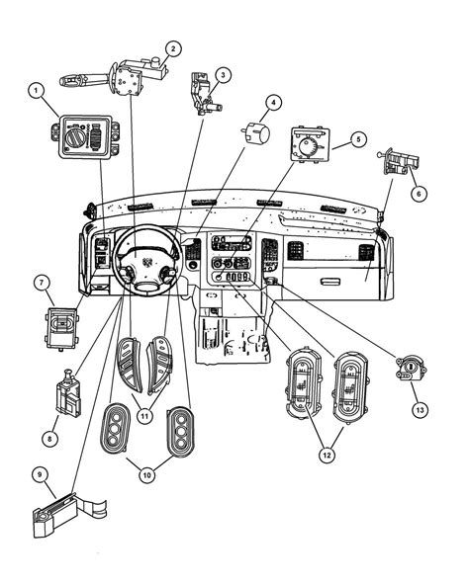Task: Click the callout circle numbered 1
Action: pyautogui.click(x=37, y=90)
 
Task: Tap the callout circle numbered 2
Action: pyautogui.click(x=173, y=48)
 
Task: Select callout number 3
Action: pyautogui.click(x=223, y=75)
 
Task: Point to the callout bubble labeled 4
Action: pyautogui.click(x=273, y=103)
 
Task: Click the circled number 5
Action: pyautogui.click(x=359, y=139)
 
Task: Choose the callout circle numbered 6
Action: pyautogui.click(x=419, y=194)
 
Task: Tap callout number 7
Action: pyautogui.click(x=42, y=283)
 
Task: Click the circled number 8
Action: pyautogui.click(x=49, y=439)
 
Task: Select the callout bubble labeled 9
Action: pyautogui.click(x=40, y=474)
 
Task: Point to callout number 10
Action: pyautogui.click(x=147, y=475)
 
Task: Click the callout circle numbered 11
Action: pyautogui.click(x=145, y=415)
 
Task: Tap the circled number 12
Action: pyautogui.click(x=327, y=456)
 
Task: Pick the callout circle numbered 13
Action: pyautogui.click(x=421, y=410)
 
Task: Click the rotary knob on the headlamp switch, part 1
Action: pyautogui.click(x=74, y=137)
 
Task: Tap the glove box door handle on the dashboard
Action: pyautogui.click(x=329, y=281)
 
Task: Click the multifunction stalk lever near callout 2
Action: pyautogui.click(x=85, y=79)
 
